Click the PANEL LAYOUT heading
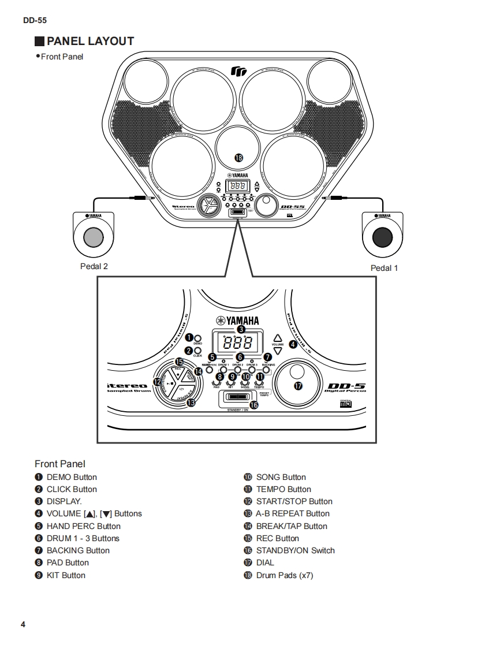89,41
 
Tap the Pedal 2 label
94,266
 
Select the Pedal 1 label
384,268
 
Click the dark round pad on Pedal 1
382,236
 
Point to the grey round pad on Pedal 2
94,236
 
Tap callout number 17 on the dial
298,386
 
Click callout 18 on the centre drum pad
238,158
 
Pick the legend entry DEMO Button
71,477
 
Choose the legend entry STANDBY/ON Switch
295,550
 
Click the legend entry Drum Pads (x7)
284,575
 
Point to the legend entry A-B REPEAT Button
293,513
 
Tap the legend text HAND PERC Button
83,526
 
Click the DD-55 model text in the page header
35,20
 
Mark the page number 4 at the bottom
23,625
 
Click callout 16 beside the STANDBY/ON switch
253,405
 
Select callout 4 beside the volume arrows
293,344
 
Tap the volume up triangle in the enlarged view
278,338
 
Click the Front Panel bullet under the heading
62,57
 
